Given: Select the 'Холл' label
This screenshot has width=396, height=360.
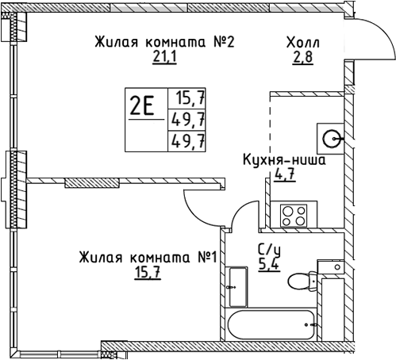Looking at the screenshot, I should tap(305, 42).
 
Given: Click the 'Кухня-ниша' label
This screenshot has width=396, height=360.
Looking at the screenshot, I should tap(283, 159).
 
